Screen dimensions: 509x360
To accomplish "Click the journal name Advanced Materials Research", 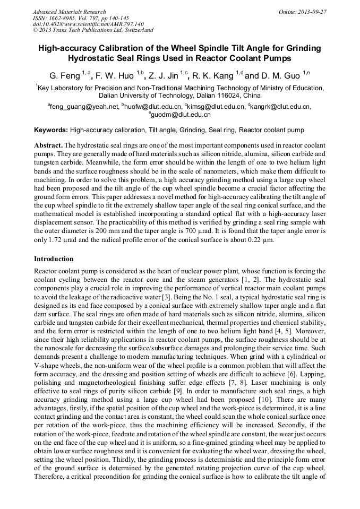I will tap(69, 12).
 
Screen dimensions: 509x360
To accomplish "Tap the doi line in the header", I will tap(81, 24).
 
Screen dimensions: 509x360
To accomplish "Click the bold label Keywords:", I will tap(51, 130).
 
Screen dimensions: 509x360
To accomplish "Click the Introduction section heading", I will tap(54, 259).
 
